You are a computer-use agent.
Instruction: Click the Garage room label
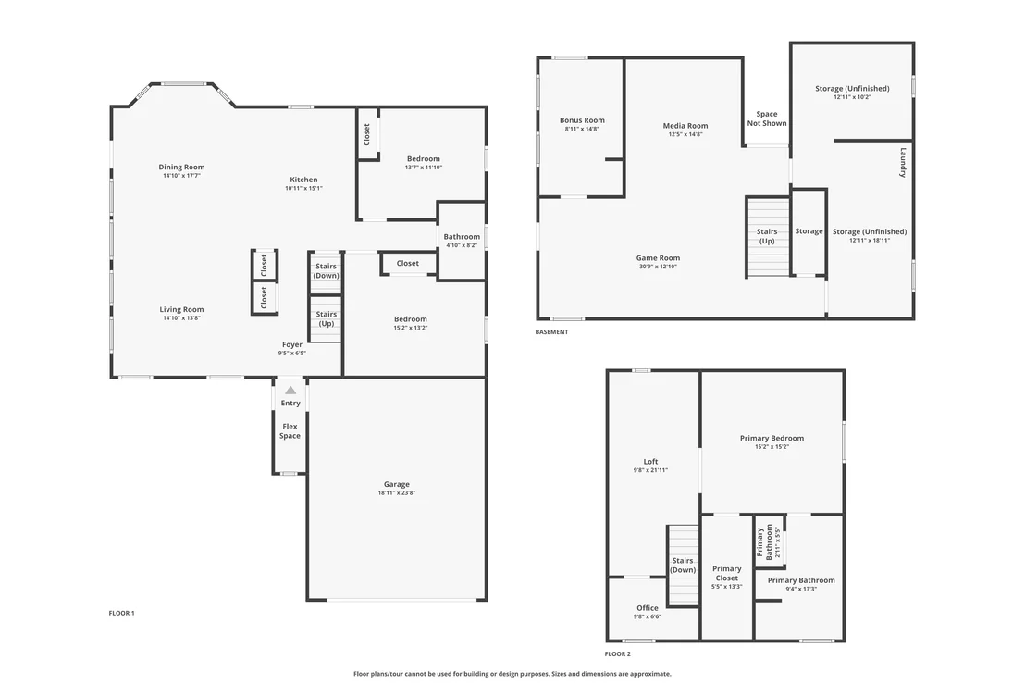(397, 485)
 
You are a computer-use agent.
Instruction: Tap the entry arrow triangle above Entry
(290, 391)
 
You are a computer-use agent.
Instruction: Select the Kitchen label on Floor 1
(304, 180)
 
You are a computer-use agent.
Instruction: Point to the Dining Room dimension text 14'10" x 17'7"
(181, 176)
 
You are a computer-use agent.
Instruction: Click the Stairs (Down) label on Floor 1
(327, 270)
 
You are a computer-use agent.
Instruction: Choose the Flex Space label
(290, 431)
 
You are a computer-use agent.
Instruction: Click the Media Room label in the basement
(685, 126)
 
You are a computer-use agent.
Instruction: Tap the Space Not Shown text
(767, 118)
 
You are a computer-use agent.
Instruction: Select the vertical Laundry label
(903, 163)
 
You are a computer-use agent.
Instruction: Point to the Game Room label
(659, 258)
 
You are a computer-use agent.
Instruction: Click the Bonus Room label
(582, 120)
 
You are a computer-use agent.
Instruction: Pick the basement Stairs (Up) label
(767, 236)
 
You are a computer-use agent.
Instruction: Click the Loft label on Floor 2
(650, 462)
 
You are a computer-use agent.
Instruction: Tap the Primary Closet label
(727, 574)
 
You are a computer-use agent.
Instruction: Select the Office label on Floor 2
(648, 608)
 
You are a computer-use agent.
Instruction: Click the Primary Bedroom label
(772, 438)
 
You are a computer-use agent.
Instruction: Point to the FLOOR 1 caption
(121, 614)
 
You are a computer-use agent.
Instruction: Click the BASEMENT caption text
(551, 332)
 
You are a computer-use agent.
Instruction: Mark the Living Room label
(181, 310)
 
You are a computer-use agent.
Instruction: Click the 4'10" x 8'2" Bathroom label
(463, 241)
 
